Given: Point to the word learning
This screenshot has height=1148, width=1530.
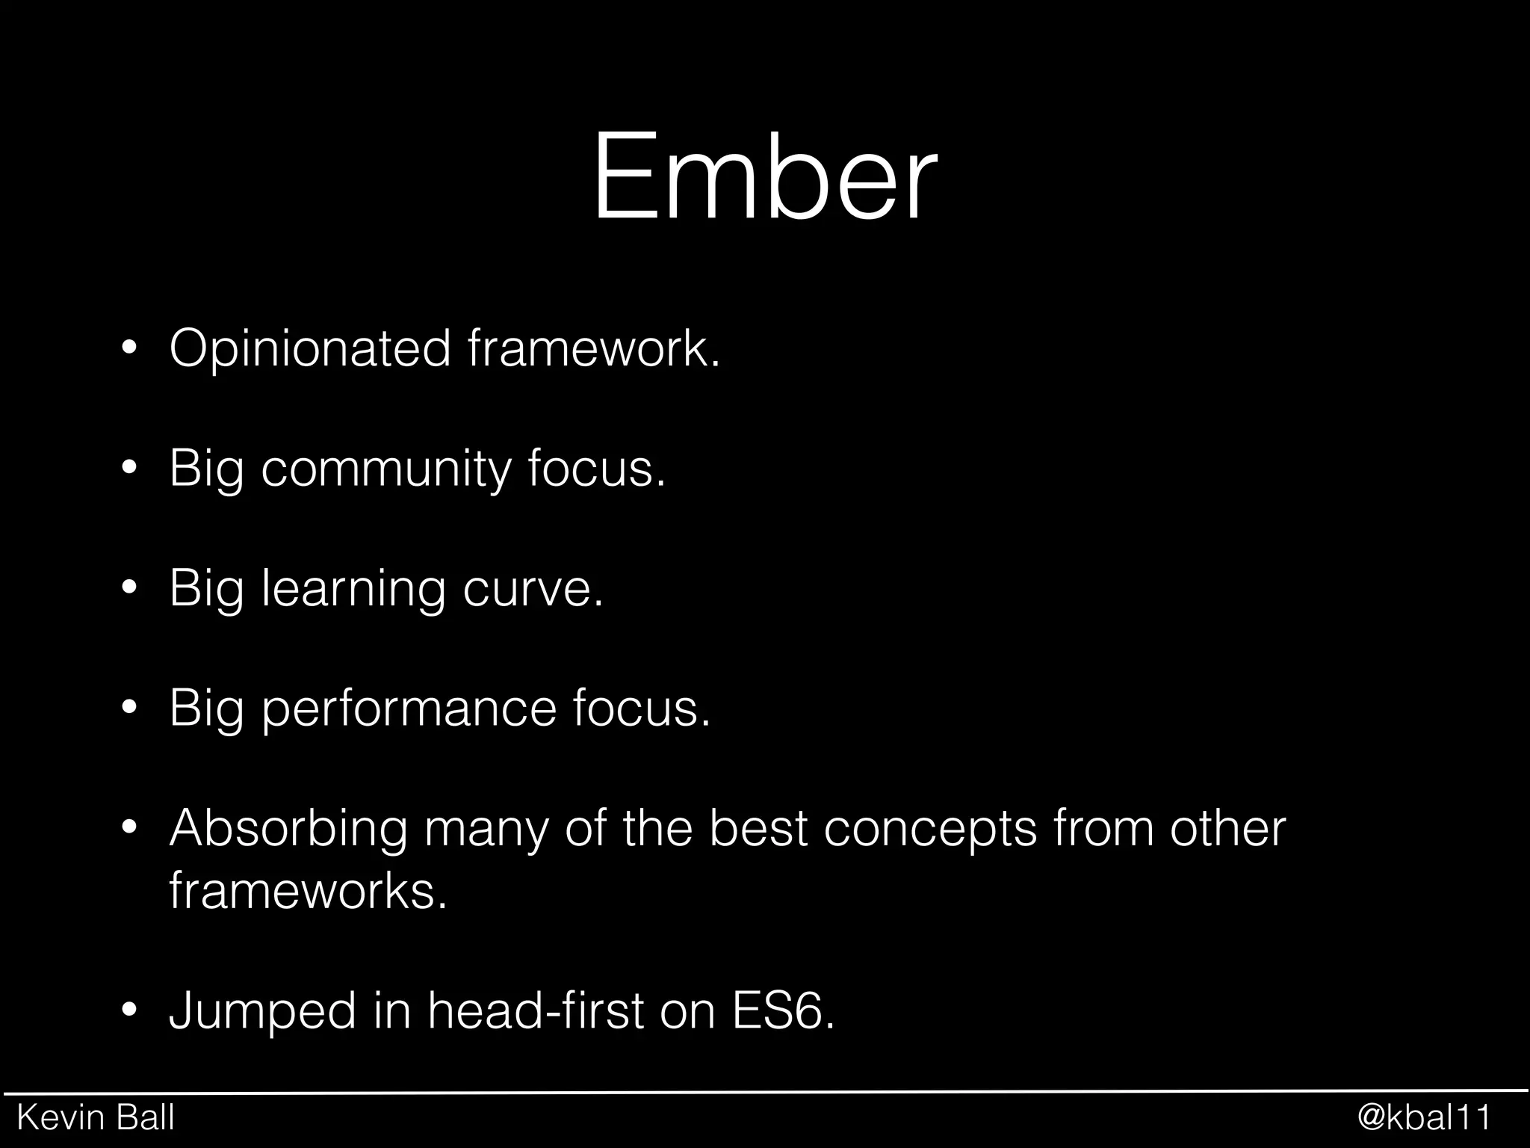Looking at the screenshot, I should tap(353, 590).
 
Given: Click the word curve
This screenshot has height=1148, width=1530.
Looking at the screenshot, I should tap(532, 590).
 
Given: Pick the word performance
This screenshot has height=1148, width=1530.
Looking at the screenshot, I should tap(409, 709).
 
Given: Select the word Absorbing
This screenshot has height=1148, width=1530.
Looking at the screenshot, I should tap(288, 830).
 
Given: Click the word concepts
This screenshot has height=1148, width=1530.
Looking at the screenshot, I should tap(930, 830).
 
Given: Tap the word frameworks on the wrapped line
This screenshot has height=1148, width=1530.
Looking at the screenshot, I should tap(307, 890).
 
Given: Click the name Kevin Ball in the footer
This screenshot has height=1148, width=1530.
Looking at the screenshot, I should tap(96, 1118).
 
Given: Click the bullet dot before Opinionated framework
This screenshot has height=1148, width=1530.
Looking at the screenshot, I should tap(129, 349).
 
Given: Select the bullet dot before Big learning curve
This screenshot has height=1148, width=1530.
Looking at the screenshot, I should tap(129, 589).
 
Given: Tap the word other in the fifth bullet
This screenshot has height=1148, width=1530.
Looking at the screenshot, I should tap(1227, 829).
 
